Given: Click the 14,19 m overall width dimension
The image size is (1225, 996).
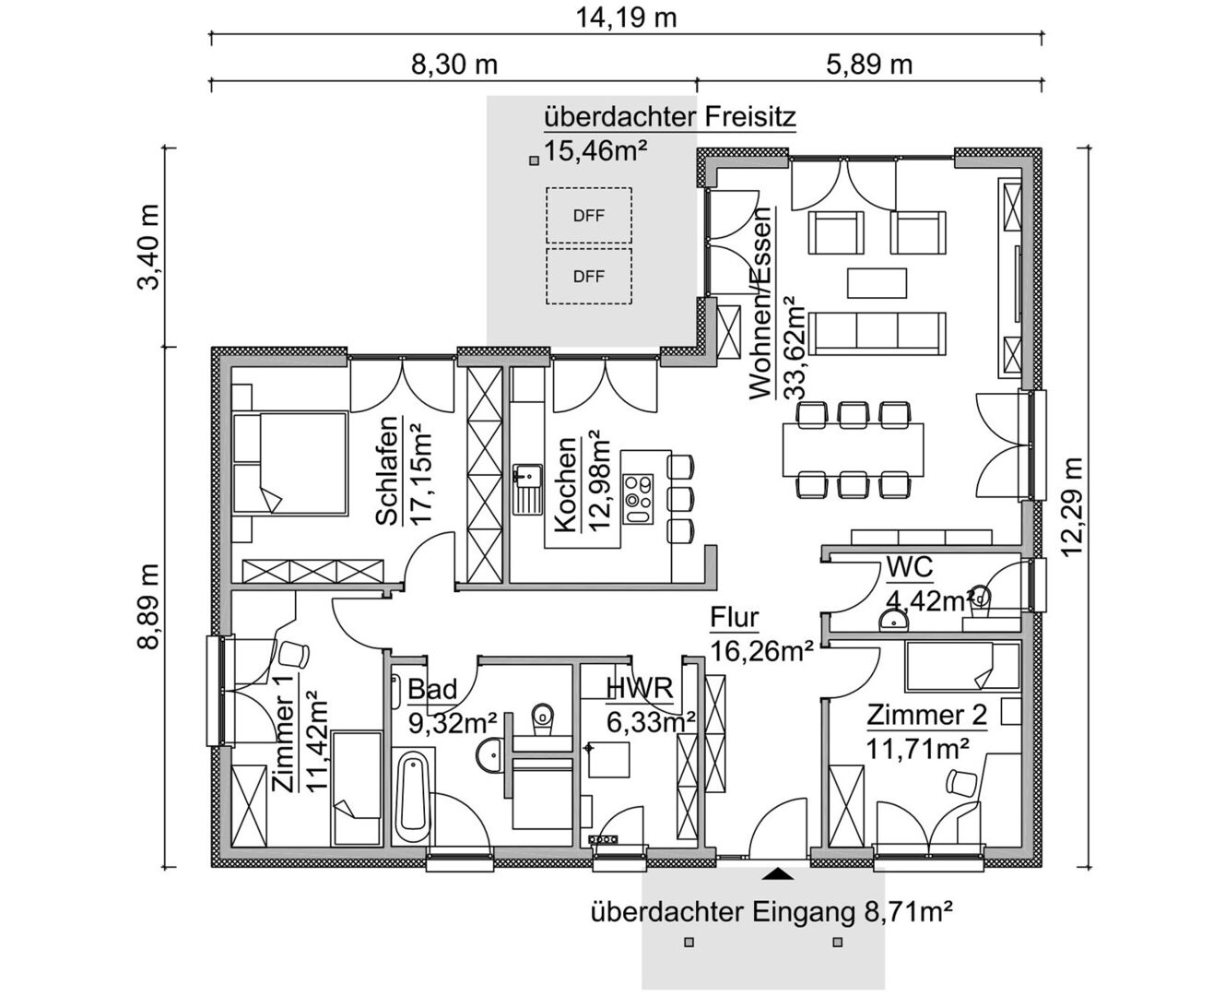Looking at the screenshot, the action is coord(626,18).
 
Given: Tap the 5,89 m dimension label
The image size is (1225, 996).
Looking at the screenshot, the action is coord(869,65).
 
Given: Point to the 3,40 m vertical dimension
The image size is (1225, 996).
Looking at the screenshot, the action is coord(147,247).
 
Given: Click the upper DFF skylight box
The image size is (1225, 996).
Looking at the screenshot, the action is coord(589,216).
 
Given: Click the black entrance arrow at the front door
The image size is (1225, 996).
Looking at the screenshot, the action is coord(778,874).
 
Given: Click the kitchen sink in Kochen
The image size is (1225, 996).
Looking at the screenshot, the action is coord(528,489).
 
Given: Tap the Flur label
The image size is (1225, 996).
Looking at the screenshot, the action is coord(735,618).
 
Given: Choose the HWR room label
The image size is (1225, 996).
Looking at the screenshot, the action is coord(640,688).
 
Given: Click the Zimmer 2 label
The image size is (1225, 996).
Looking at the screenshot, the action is coord(926,716).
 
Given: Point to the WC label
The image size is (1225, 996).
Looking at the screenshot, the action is coord(909,567).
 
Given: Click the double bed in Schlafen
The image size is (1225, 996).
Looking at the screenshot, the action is coord(290,463).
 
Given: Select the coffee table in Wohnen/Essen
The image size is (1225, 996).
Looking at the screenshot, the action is coord(878,283).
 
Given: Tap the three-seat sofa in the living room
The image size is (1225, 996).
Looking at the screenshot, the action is coord(878,334).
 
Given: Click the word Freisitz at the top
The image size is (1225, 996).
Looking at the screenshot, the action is coord(750,117).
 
